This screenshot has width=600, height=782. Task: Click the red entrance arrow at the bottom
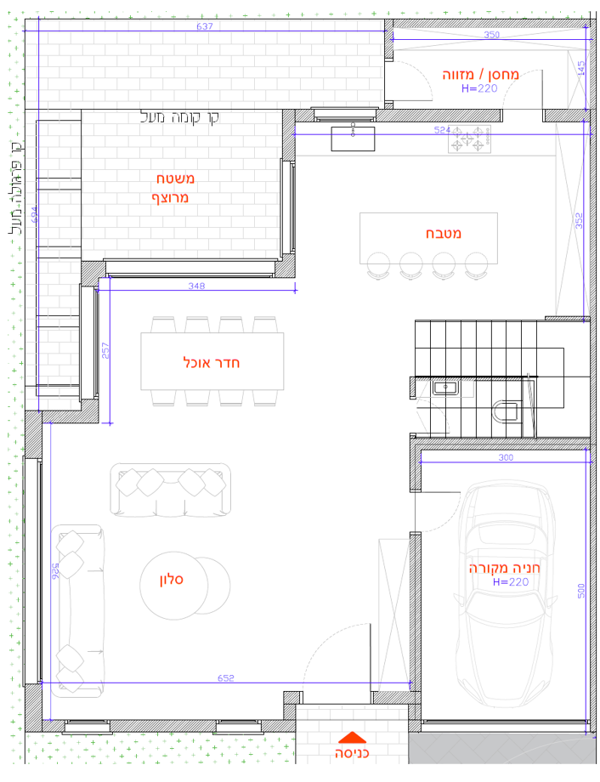[x=352, y=738]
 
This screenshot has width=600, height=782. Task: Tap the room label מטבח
[x=444, y=234]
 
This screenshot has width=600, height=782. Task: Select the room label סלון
[x=172, y=580]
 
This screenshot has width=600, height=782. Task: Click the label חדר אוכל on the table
[x=212, y=363]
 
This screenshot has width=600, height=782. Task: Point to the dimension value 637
[x=205, y=26]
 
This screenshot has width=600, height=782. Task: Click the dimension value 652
[x=225, y=677]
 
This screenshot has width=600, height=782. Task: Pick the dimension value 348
[x=196, y=286]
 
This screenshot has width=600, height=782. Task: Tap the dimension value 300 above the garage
[x=506, y=457]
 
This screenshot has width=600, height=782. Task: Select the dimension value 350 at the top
[x=492, y=34]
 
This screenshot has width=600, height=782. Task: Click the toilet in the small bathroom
[x=505, y=411]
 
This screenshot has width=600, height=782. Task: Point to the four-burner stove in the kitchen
[x=469, y=139]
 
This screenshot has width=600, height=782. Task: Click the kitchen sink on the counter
[x=353, y=139]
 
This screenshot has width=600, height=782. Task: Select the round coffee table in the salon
[x=173, y=586]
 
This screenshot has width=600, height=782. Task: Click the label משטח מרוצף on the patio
[x=173, y=188]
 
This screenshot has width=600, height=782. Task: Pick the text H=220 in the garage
[x=511, y=582]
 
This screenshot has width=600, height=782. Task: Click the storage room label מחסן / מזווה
[x=480, y=75]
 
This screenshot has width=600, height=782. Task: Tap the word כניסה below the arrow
[x=352, y=752]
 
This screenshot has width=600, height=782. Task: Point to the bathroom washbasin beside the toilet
[x=445, y=388]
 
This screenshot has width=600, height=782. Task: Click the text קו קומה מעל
[x=179, y=117]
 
